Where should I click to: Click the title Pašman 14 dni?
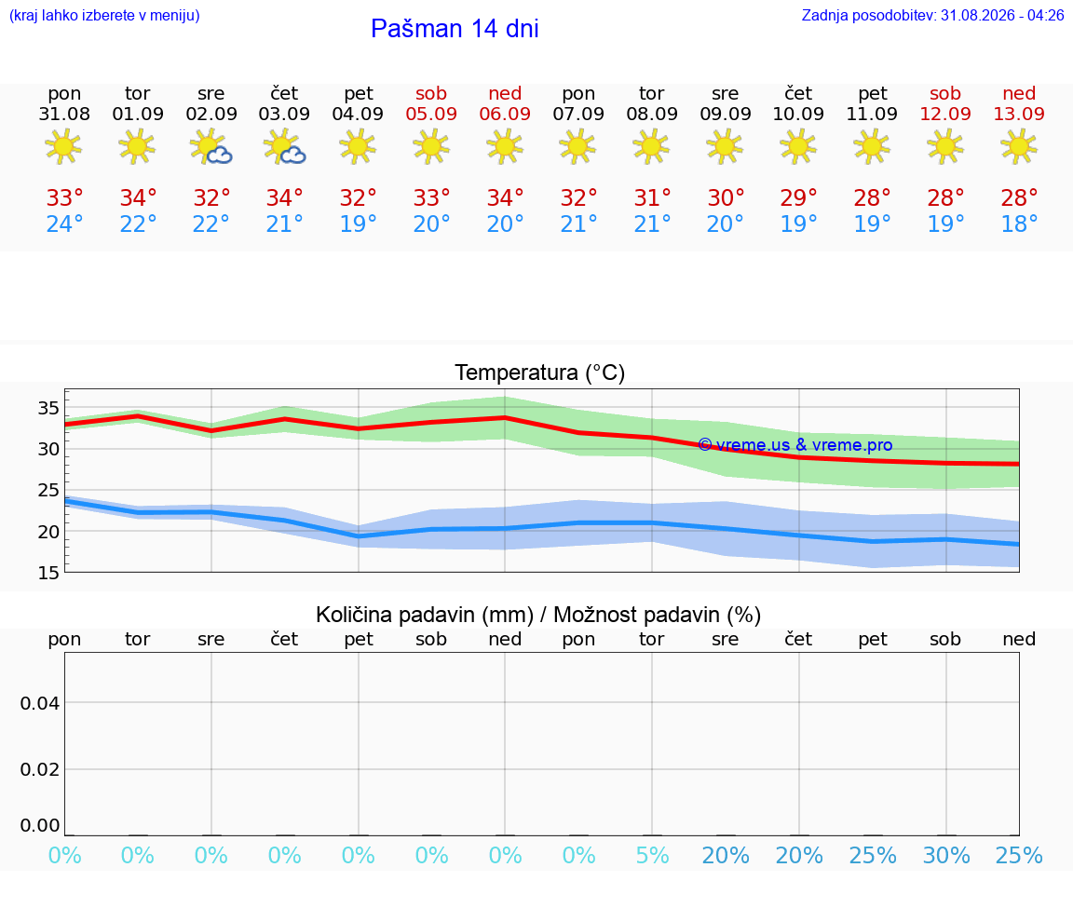pos(455,29)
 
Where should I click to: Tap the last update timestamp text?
pos(932,15)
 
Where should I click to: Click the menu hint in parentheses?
pos(104,15)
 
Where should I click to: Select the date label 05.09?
pos(431,114)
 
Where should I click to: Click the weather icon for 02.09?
pos(211,147)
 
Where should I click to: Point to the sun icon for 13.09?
pos(1019,146)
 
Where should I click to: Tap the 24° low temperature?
pos(64,224)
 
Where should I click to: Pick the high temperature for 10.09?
pos(798,197)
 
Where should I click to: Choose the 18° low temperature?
pos(1019,224)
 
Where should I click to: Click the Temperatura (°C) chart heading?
pos(540,373)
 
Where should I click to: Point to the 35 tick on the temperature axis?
pos(48,409)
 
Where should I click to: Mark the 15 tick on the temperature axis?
pos(48,573)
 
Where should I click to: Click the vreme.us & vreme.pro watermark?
pos(795,445)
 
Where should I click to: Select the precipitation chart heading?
pos(538,615)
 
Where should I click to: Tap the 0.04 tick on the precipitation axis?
pos(40,703)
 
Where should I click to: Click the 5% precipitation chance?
pos(652,855)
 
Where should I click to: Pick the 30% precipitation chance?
pos(946,855)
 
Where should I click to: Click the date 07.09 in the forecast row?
pos(578,114)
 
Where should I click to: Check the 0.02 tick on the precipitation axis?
pos(40,769)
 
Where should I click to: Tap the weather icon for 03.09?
pos(284,147)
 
